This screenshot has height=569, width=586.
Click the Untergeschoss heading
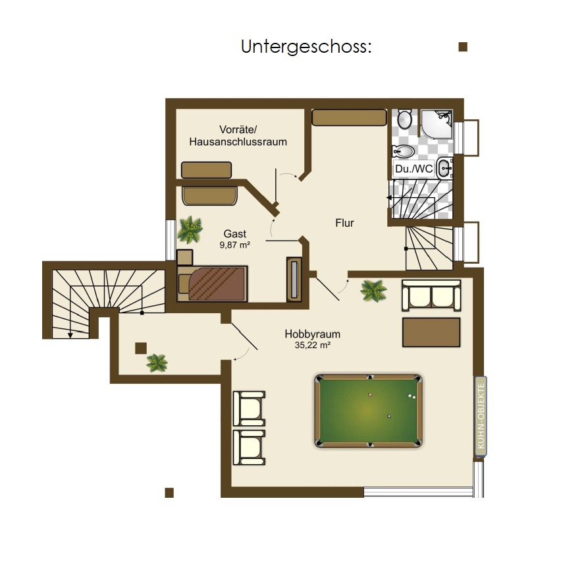point(306,47)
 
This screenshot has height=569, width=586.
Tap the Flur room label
point(344,223)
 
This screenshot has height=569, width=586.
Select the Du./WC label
point(413,169)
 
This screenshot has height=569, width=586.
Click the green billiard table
point(369,411)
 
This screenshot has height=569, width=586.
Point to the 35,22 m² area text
point(313,345)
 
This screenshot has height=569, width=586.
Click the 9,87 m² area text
point(234,245)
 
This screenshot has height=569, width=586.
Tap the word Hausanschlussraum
point(238,142)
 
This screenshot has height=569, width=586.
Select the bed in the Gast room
point(212,284)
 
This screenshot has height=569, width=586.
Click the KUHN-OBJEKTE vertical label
point(481,416)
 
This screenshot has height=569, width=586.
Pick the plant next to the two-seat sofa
point(373,291)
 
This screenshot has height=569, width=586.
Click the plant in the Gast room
point(190,229)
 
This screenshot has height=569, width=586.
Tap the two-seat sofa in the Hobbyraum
point(431,295)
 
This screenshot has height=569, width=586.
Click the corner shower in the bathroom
point(437,123)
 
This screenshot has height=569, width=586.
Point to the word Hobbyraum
point(313,334)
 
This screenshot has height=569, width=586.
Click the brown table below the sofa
point(431,332)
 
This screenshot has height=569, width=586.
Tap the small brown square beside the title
point(463,47)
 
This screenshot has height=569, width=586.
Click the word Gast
point(234,234)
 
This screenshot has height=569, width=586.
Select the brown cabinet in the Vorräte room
point(206,170)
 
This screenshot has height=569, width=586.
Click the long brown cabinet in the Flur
point(349,117)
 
